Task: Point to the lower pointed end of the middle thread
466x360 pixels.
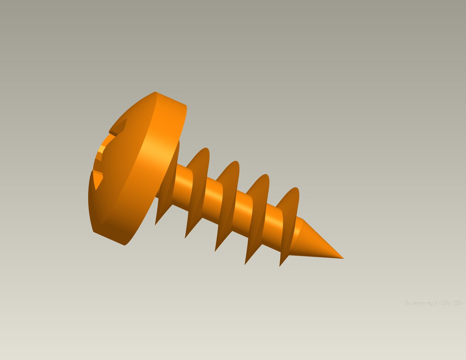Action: tap(216, 250)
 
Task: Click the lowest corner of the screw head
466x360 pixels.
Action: tap(124, 245)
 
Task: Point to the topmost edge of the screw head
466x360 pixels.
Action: tap(155, 92)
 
